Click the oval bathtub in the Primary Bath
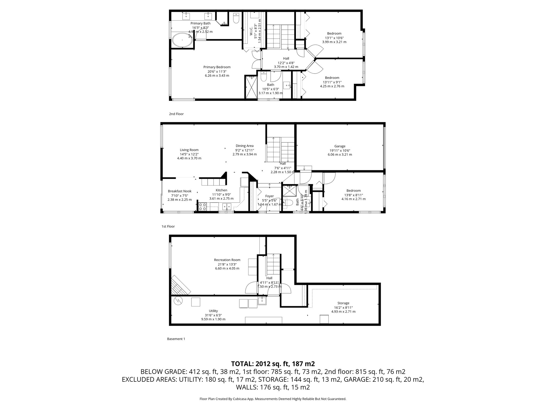[x=182, y=40]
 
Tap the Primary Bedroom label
[x=217, y=67]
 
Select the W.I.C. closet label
[x=251, y=31]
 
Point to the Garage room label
[x=340, y=146]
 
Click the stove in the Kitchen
[x=202, y=207]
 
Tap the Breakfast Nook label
[x=179, y=191]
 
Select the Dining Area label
[x=244, y=146]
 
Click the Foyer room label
[x=269, y=196]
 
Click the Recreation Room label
[x=227, y=260]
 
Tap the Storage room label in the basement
[x=343, y=303]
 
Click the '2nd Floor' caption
[x=176, y=114]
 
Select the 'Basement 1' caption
[x=176, y=339]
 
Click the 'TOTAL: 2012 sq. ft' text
[x=273, y=364]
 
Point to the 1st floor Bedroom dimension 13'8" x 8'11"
[x=354, y=195]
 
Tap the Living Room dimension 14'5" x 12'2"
[x=189, y=154]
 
